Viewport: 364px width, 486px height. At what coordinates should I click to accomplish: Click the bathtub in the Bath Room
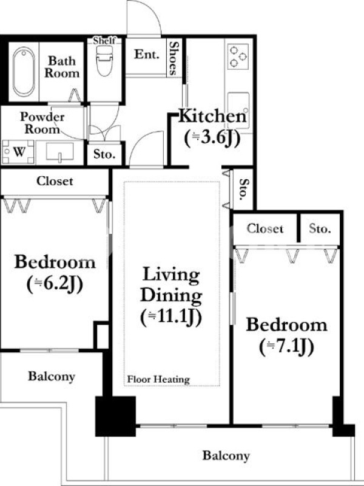point(24,72)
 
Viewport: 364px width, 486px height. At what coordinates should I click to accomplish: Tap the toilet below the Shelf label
point(104,61)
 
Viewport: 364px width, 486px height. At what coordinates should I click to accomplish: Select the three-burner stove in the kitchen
point(238,56)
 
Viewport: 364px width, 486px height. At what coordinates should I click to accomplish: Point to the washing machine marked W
point(18,152)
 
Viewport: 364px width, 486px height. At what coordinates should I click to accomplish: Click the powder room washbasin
point(59,152)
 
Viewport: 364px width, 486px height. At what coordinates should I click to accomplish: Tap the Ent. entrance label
point(147,54)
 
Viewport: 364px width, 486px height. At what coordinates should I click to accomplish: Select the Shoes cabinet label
point(174,58)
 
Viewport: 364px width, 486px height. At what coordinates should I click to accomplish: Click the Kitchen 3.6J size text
point(212,137)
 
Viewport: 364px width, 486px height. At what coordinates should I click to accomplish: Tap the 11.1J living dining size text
point(171,317)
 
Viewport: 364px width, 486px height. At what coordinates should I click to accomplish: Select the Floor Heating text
point(158,379)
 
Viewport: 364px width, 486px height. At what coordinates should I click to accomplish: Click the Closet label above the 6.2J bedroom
point(55,181)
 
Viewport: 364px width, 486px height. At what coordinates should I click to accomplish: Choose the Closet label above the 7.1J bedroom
point(265,228)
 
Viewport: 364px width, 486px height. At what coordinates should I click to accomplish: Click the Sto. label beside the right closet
point(320,229)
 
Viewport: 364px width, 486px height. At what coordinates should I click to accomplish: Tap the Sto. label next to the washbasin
point(104,154)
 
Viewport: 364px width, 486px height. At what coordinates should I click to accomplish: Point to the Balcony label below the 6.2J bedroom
point(52,376)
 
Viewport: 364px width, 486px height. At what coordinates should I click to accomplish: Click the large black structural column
point(115,416)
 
